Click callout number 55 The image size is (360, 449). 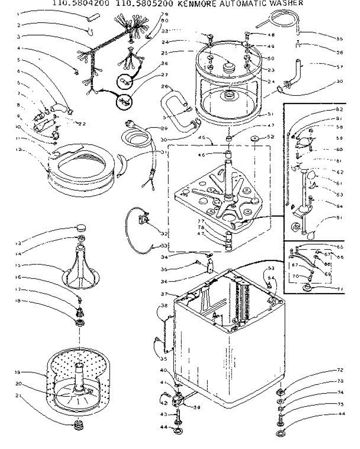339,38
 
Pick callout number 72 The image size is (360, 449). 340,370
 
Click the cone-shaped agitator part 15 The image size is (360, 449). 80,266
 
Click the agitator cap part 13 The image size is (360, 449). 81,227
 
